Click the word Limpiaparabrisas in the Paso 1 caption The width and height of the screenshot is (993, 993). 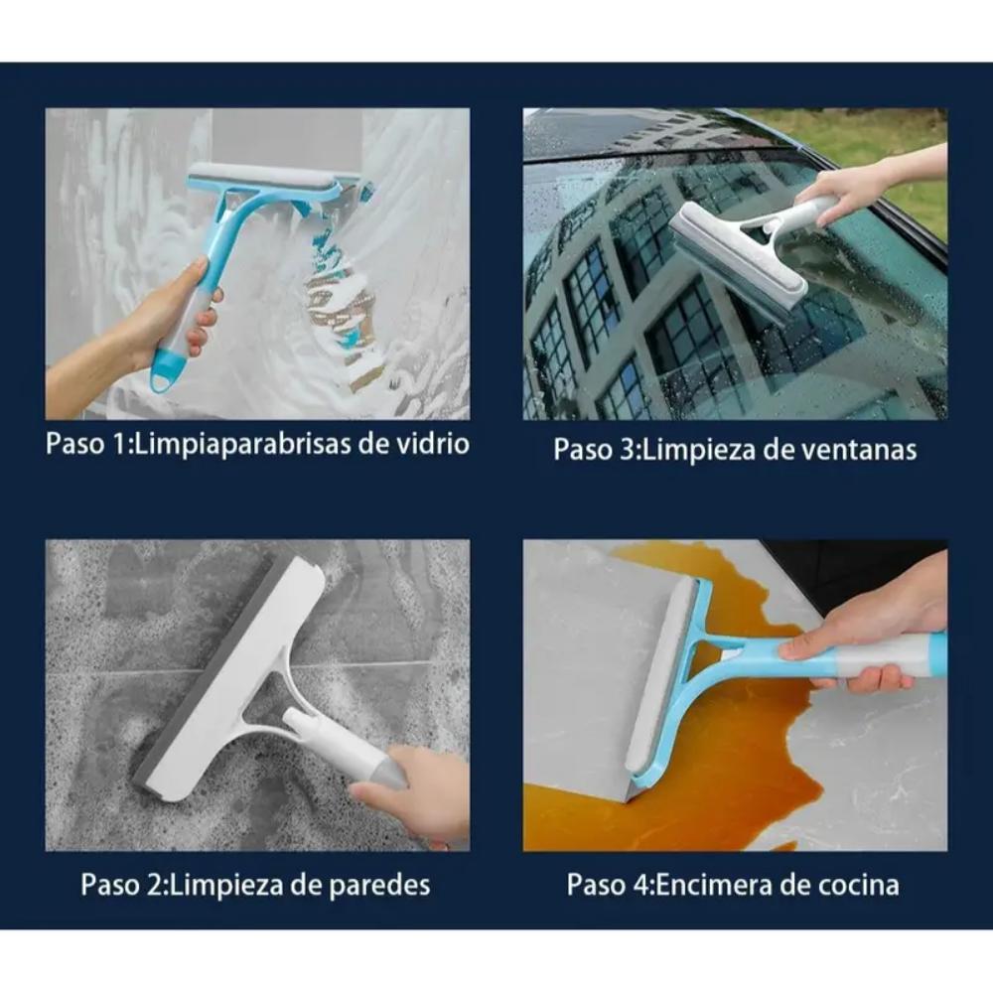(x=242, y=445)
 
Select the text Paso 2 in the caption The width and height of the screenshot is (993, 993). (x=122, y=885)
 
